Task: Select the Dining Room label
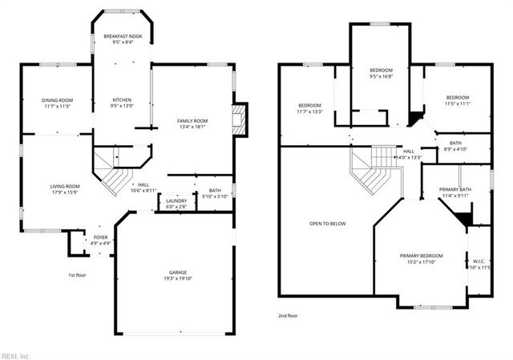57,99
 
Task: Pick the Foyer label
100,237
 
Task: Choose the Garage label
177,273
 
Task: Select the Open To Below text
328,224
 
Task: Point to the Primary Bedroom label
421,256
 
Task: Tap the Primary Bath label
455,190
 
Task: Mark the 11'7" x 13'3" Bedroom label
310,107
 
